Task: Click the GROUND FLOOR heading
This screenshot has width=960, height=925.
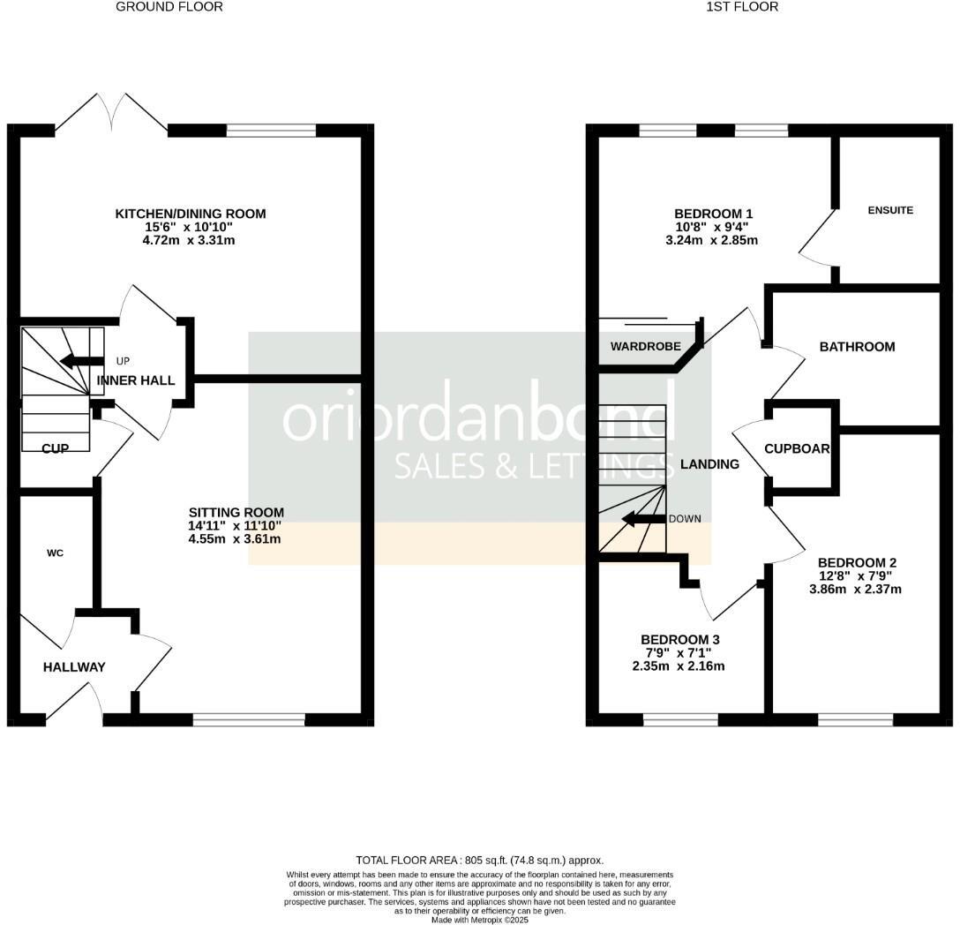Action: point(169,7)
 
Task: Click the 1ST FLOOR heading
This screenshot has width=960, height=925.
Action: point(742,7)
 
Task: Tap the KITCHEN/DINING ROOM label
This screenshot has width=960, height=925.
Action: point(191,214)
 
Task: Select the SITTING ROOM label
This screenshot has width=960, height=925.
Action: point(236,513)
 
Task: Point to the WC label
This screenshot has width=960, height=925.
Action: point(55,553)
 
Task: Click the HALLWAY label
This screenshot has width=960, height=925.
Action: point(74,667)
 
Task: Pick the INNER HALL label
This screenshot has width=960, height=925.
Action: point(136,380)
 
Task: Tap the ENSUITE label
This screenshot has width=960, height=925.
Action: point(890,210)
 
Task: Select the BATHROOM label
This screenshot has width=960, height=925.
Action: point(857,347)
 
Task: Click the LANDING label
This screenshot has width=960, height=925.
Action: point(710,464)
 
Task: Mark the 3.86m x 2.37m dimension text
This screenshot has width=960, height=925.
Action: point(855,590)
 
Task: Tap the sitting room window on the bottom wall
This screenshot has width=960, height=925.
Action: point(249,720)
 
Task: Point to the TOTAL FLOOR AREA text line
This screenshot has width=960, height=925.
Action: point(480,860)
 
